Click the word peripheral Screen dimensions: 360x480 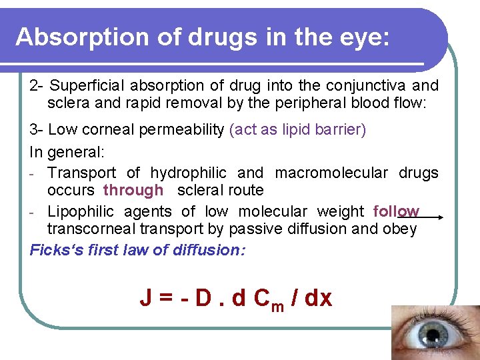click(297, 103)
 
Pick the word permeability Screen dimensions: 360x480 click(181, 129)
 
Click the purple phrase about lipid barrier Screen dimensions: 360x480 click(297, 129)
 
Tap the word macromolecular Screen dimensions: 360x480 click(331, 173)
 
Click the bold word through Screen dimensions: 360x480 click(133, 190)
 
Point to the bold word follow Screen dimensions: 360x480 click(396, 211)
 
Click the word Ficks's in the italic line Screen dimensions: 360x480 click(55, 250)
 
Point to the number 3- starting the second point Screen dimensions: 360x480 click(37, 129)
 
